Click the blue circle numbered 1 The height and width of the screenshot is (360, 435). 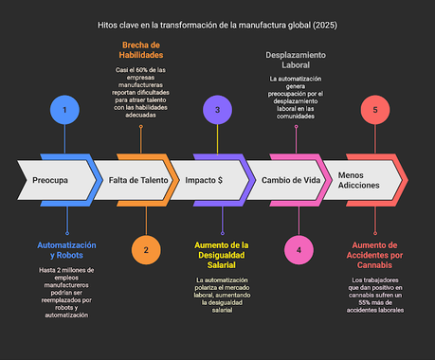click(64, 110)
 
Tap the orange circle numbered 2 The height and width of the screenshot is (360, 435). click(146, 250)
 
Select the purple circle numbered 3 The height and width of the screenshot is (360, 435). click(217, 110)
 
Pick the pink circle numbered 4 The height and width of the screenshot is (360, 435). click(299, 250)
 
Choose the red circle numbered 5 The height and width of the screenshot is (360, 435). click(374, 110)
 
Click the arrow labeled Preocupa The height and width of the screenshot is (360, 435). click(56, 180)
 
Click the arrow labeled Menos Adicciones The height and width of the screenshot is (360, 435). click(358, 180)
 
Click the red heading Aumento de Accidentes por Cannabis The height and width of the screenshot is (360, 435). click(375, 256)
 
